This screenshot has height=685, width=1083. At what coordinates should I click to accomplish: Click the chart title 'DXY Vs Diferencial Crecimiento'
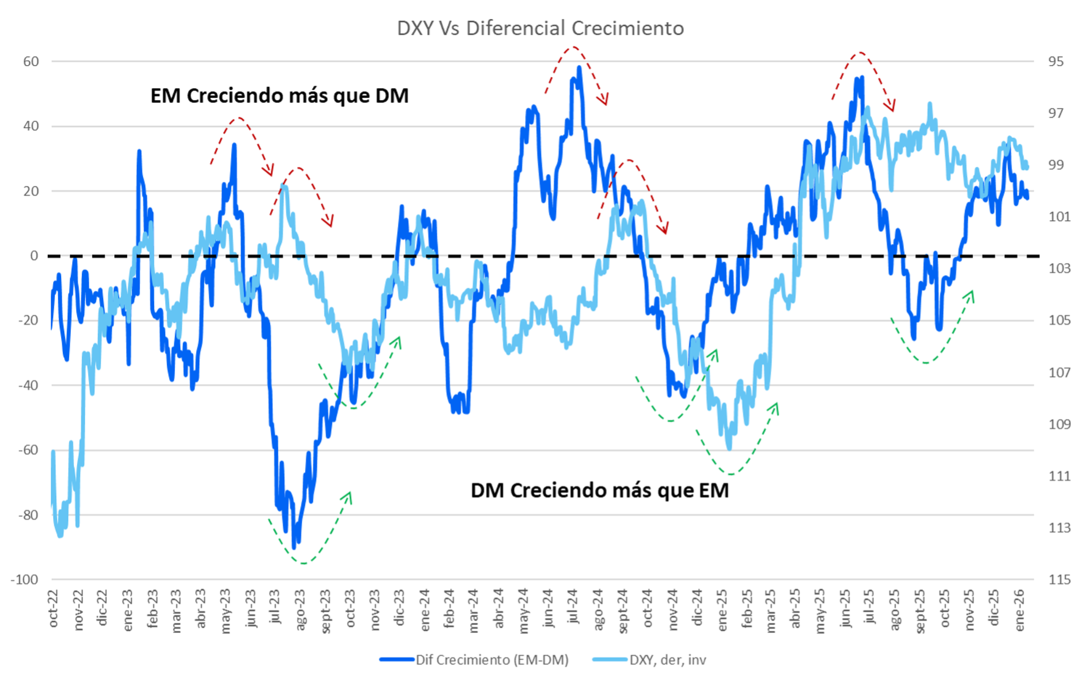[x=540, y=28]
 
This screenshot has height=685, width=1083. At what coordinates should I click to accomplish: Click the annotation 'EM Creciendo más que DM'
[x=279, y=96]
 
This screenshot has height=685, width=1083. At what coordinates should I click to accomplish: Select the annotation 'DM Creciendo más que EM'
[x=600, y=491]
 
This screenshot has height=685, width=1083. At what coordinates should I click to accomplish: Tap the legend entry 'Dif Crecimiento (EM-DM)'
[x=492, y=660]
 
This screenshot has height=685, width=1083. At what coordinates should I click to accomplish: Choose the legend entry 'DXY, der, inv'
[x=667, y=660]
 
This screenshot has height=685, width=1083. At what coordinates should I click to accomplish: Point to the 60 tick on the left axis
[x=31, y=62]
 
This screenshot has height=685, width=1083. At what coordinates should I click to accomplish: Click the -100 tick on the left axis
[x=25, y=580]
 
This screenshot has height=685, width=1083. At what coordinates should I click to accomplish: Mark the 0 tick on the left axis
[x=34, y=256]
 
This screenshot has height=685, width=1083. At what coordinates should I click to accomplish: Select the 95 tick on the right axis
[x=1055, y=62]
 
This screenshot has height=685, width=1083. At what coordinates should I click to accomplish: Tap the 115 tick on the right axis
[x=1059, y=580]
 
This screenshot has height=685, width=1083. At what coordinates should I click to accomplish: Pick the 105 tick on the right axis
[x=1059, y=320]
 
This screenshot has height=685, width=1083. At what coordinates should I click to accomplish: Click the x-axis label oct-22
[x=54, y=609]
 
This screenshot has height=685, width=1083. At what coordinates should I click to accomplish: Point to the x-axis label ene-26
[x=1019, y=610]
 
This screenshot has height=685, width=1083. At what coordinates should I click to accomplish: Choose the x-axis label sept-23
[x=326, y=612]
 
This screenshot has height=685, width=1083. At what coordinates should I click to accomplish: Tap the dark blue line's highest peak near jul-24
[x=579, y=68]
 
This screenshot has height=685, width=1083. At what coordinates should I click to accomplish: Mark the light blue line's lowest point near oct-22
[x=60, y=536]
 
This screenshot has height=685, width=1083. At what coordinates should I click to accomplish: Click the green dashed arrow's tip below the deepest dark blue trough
[x=350, y=493]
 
